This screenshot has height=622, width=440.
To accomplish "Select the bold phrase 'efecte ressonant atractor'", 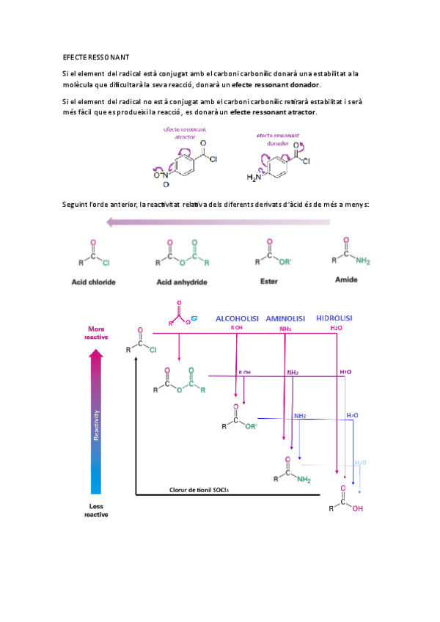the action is point(273,111).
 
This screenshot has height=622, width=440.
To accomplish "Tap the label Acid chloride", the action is point(93,282).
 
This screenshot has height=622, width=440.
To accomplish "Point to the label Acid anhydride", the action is point(182,282).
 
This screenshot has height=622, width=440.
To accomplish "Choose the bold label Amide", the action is point(345,279).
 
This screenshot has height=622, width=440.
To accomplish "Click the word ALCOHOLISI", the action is point(237,318).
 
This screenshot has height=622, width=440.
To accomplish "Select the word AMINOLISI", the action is point(285,318).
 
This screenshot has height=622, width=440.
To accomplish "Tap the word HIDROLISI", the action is point(334,318).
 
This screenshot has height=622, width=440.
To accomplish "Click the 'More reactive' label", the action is point(98,333).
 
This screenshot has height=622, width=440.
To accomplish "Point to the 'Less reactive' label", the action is point(96,511).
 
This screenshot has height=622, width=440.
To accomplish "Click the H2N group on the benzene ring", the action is point(254,178).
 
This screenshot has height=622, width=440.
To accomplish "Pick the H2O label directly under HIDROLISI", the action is point(337,329).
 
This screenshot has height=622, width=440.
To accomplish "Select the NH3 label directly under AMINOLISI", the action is point(285,329).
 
